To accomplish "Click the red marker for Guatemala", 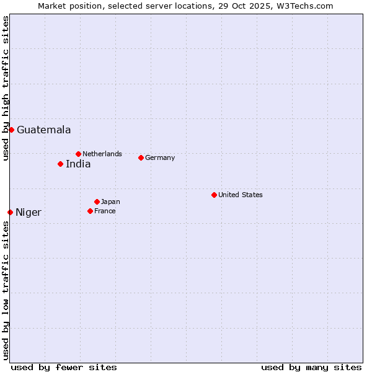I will (x=11, y=130).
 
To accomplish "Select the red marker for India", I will (x=60, y=164).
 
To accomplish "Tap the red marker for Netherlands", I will (x=78, y=154).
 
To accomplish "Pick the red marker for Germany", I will (x=141, y=157).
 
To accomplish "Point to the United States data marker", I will (x=214, y=195).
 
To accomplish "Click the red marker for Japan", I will (x=97, y=201).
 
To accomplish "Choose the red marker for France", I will (x=90, y=211).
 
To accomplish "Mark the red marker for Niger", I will (x=10, y=212).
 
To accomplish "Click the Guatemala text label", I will (x=43, y=130).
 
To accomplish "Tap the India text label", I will (x=78, y=164).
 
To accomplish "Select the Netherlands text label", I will (x=102, y=154).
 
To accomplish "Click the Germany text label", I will (x=160, y=157).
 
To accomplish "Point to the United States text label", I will (x=241, y=195).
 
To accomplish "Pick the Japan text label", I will (x=110, y=201).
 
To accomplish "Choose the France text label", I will (x=105, y=211).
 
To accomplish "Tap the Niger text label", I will (x=29, y=213).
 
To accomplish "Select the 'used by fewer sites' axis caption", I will (x=64, y=367).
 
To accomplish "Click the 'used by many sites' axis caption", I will (x=311, y=367).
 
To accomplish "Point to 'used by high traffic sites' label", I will (x=6, y=89).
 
